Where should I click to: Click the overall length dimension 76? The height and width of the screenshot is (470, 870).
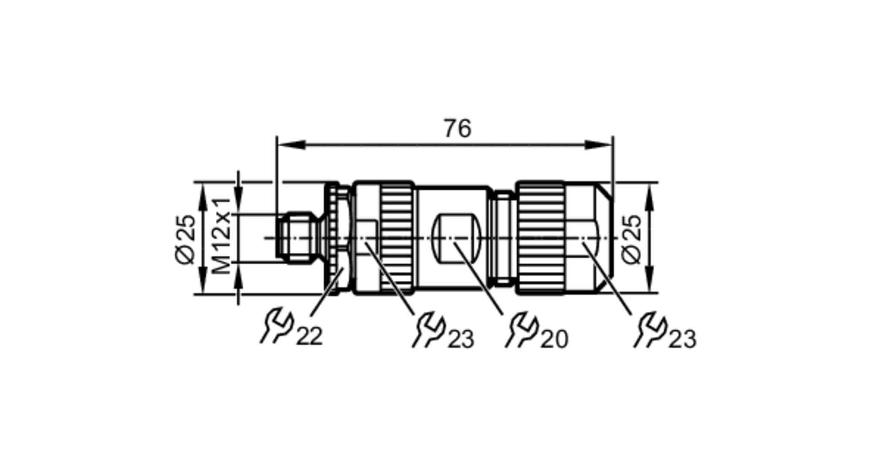tap(457, 129)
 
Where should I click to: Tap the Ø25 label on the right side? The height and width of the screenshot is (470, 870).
tap(632, 239)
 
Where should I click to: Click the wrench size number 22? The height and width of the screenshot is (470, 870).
tap(309, 336)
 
